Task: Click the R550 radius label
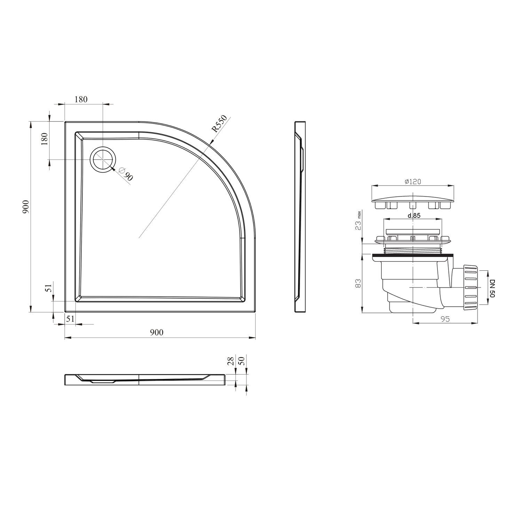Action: coord(220,124)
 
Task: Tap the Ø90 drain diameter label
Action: coord(126,173)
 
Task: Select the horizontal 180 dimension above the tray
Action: coord(81,99)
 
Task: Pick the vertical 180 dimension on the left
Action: coord(44,140)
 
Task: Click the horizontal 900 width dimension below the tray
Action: coord(157,333)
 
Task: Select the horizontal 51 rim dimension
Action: coord(70,319)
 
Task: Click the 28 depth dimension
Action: coord(230,361)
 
